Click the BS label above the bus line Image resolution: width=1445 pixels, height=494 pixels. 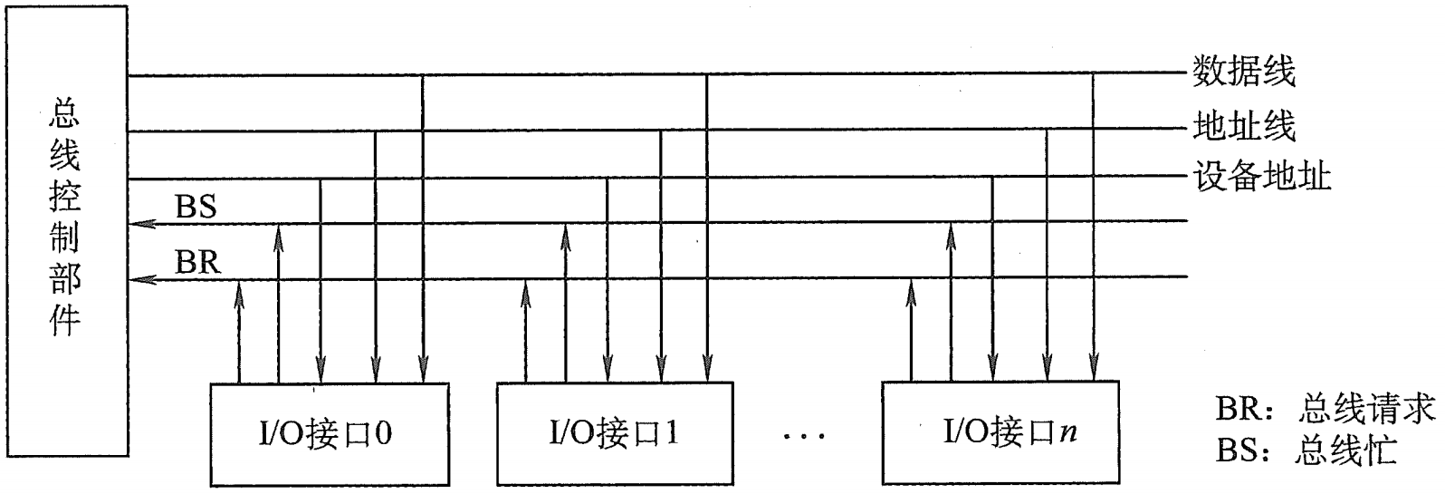point(194,208)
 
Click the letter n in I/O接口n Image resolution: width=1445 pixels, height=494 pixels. point(1071,435)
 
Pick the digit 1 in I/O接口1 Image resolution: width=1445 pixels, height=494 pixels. point(671,435)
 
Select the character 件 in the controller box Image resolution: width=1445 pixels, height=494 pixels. point(65,322)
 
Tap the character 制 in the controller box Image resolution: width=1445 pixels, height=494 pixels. point(65,239)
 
